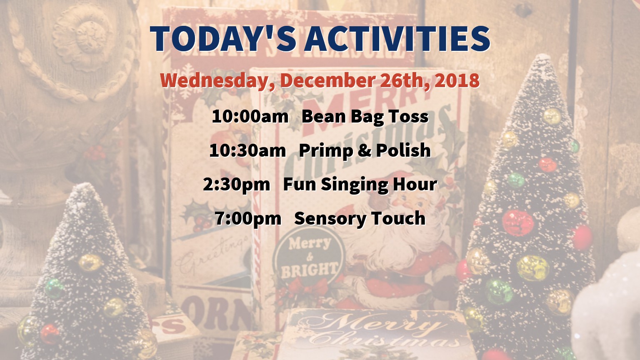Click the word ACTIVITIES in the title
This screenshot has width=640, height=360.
[397, 39]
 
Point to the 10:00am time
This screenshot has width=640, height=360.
[250, 117]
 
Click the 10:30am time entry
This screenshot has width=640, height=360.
[247, 150]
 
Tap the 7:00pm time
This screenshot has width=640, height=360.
[248, 219]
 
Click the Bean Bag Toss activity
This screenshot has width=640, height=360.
[365, 117]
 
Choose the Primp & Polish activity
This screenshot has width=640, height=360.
[365, 151]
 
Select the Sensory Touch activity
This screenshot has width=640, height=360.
[360, 219]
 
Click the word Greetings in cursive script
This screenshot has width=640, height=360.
[211, 256]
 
